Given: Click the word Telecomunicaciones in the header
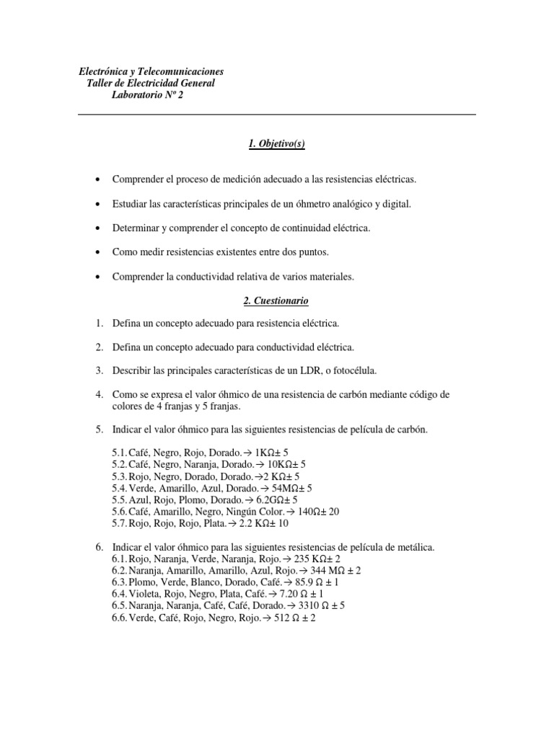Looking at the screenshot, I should tap(178, 71).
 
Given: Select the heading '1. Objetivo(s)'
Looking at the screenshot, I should tap(276, 144).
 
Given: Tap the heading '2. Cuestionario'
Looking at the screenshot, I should tap(276, 300).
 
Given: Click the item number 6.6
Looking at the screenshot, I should tap(119, 617).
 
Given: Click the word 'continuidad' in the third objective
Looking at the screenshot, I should tap(296, 228).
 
